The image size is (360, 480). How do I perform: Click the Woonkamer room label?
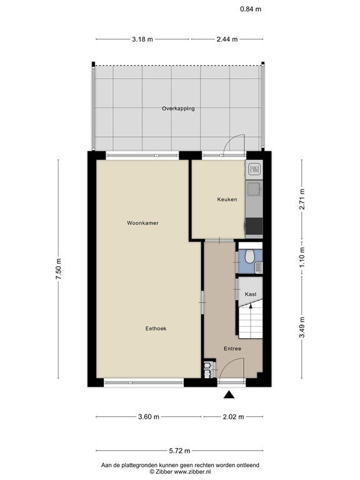tap(142, 223)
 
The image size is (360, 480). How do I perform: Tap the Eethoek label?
tap(156, 329)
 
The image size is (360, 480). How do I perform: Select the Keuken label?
tap(227, 199)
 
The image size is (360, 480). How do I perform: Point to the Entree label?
tap(232, 348)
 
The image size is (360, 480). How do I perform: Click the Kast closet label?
tap(251, 294)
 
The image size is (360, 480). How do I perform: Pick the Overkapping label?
tap(178, 108)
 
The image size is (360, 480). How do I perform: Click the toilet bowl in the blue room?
tap(250, 257)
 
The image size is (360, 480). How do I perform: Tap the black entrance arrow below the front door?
tap(229, 395)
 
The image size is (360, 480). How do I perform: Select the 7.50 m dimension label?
tap(59, 269)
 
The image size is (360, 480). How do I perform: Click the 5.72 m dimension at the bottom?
tap(180, 451)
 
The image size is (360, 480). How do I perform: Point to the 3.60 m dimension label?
tap(149, 417)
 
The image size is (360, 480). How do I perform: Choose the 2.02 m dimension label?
tap(234, 417)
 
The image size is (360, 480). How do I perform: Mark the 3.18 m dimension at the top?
tap(142, 39)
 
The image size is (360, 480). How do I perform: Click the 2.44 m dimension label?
tap(227, 39)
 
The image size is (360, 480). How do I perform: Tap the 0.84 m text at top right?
tap(251, 9)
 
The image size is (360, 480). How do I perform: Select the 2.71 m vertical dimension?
tap(302, 199)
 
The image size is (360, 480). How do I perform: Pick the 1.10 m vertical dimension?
tap(302, 257)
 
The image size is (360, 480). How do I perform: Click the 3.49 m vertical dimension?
tap(302, 327)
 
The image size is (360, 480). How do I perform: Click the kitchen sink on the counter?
tap(254, 188)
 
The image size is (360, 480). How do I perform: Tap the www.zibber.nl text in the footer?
tap(192, 472)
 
